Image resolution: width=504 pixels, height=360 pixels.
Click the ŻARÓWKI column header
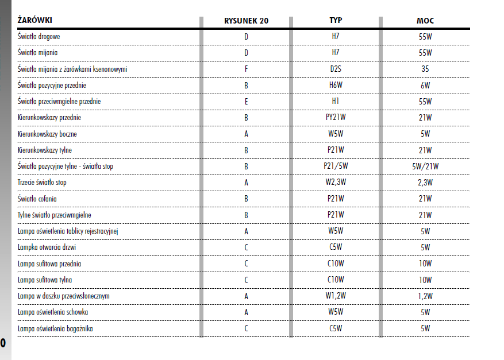[36, 21]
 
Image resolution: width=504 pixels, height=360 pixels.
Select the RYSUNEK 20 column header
[246, 21]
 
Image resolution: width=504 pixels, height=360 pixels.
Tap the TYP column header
[336, 21]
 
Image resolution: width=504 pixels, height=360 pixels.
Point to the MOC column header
[425, 21]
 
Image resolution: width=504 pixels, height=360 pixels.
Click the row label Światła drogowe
[40, 37]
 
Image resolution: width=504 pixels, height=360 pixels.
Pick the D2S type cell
[336, 69]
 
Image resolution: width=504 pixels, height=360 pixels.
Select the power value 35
[425, 69]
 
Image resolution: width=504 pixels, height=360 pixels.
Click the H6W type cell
[336, 85]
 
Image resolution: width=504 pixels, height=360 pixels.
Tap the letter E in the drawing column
[246, 101]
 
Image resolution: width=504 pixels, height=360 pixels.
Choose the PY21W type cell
[336, 118]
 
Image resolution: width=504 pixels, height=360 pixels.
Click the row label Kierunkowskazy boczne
[47, 134]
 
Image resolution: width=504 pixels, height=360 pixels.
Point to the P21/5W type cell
[336, 167]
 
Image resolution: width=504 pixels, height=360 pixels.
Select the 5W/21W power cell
[425, 167]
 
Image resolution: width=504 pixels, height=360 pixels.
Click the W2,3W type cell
[336, 183]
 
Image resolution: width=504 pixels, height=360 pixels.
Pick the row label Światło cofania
[37, 199]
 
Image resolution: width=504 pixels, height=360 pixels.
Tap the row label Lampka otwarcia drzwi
[47, 247]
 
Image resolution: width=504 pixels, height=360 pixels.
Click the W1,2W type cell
[336, 296]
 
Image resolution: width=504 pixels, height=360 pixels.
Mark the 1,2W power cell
[425, 296]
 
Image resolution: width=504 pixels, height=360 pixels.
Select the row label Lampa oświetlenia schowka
[53, 312]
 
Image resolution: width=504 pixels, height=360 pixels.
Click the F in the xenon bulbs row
[246, 69]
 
